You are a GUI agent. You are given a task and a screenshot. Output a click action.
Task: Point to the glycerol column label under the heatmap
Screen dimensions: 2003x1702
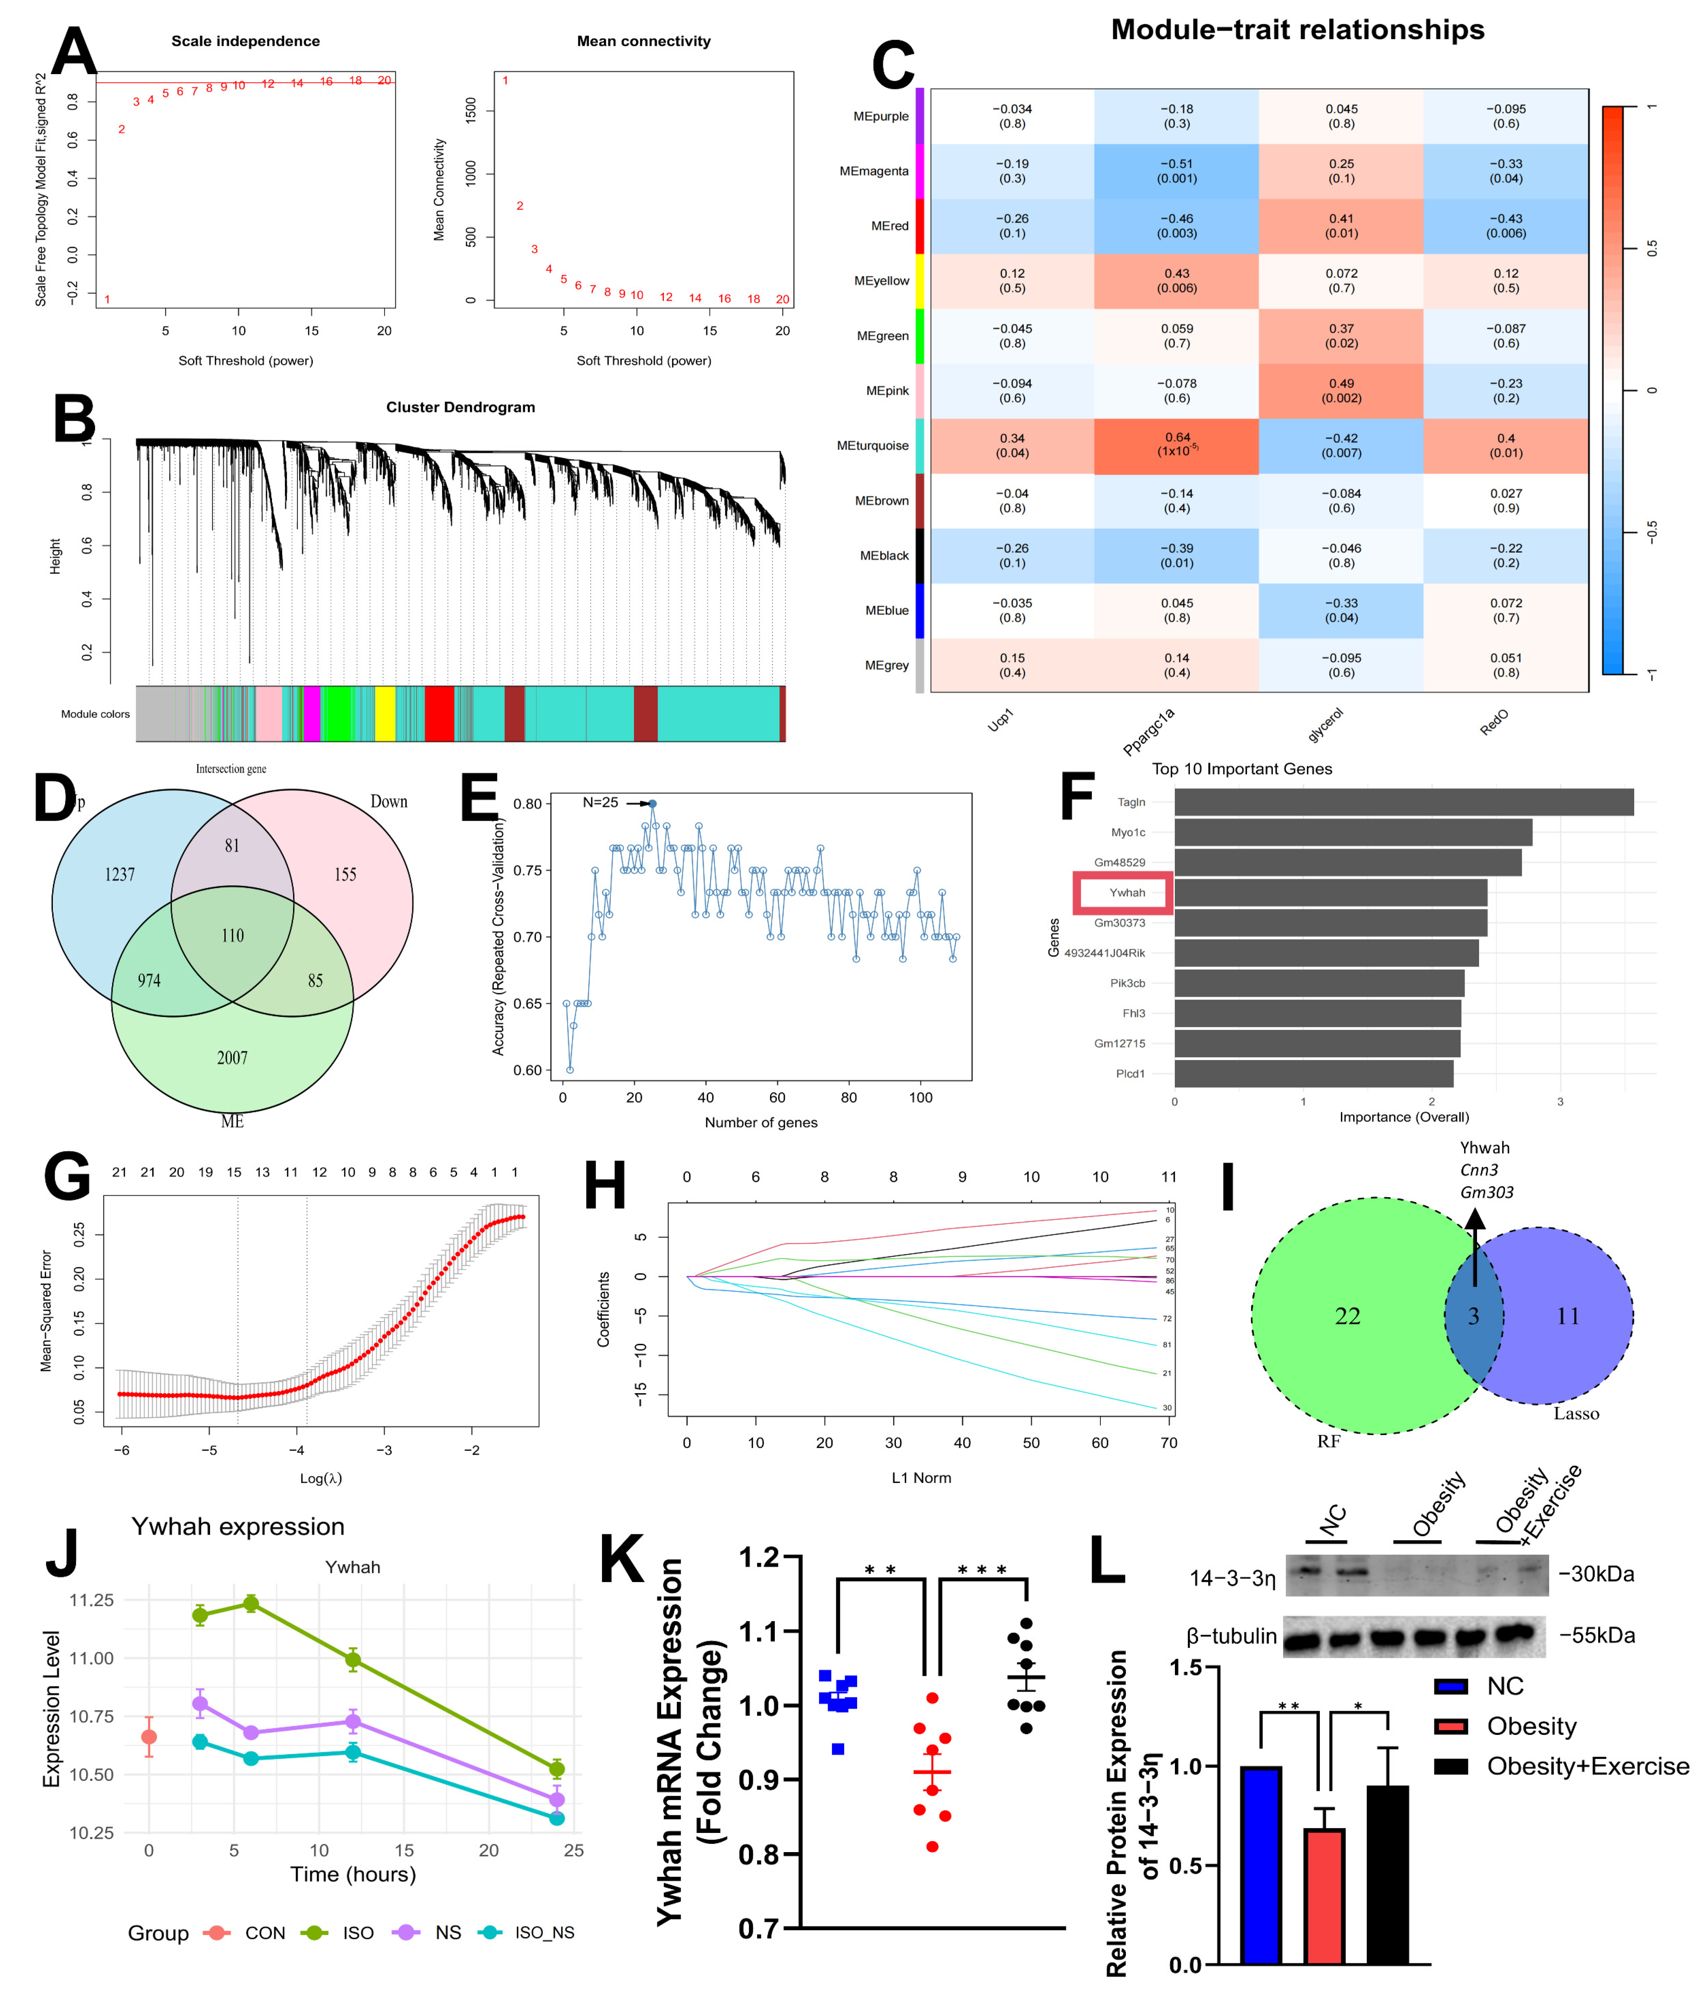(x=1325, y=723)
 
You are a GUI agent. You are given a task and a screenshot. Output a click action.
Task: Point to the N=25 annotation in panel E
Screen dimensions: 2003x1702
(x=600, y=803)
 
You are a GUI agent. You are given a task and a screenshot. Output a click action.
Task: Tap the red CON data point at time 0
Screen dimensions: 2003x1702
(x=149, y=1737)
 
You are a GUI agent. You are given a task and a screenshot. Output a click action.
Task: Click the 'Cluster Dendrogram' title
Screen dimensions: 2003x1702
(x=460, y=407)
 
